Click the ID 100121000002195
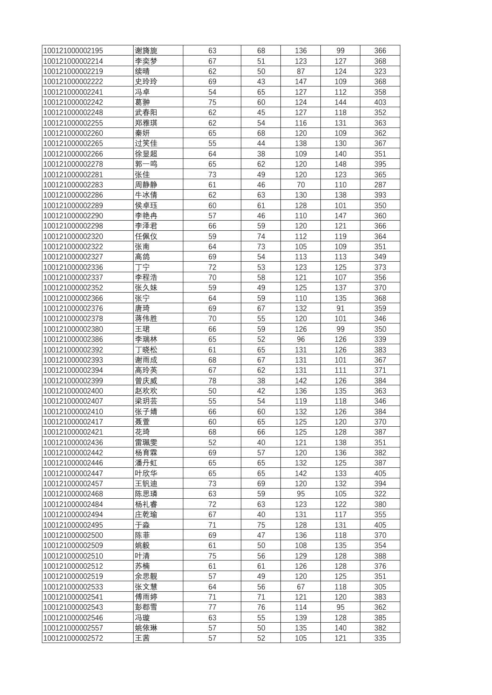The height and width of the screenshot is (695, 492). tap(73, 51)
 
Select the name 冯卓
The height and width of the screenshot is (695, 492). tap(142, 92)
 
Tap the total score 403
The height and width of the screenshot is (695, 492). tap(380, 102)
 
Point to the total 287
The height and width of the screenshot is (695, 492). tap(380, 185)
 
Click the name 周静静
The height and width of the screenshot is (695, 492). tap(146, 185)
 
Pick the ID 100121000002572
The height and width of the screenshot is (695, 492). tap(73, 638)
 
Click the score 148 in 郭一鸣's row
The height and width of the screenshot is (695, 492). tap(340, 164)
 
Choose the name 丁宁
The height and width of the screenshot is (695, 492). tap(142, 268)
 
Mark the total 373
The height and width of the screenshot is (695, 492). tap(380, 268)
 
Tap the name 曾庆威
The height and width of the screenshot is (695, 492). tap(146, 381)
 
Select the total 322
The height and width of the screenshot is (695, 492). tap(380, 494)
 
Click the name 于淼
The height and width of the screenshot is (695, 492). tap(142, 525)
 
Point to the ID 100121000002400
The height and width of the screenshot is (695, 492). tap(73, 391)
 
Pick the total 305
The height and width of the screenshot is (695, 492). tap(380, 587)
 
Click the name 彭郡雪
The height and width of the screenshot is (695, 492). tap(146, 607)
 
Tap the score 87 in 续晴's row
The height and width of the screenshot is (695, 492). tap(300, 72)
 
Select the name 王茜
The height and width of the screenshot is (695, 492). tap(142, 638)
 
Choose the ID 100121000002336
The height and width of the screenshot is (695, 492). tap(73, 268)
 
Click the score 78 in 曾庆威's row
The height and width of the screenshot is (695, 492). tap(212, 381)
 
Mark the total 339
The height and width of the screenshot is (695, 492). tap(380, 339)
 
